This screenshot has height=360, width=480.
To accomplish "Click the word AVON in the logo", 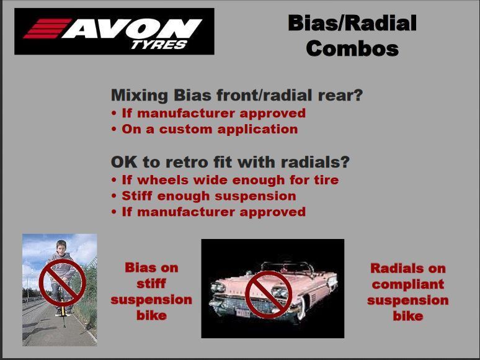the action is (132, 29).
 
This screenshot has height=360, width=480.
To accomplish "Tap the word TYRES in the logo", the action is (159, 45).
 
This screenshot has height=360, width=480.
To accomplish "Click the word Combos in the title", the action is (352, 48).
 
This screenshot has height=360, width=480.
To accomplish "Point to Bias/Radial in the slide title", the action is (352, 23).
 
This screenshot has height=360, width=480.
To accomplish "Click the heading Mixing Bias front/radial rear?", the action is (237, 96).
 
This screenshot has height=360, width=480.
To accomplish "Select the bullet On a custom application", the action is (205, 129).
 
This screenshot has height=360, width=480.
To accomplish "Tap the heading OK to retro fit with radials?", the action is (230, 162).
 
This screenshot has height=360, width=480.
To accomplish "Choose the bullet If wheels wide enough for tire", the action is (225, 180).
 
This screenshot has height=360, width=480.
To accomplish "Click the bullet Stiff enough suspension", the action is (203, 196).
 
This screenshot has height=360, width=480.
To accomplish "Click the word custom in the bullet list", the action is (185, 129).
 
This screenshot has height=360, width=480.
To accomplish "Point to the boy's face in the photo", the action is (61, 249).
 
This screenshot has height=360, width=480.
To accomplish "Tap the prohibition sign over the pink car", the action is (269, 295).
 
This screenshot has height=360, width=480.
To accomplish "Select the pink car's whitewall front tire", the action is (301, 307).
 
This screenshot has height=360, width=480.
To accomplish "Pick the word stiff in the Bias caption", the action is (151, 284).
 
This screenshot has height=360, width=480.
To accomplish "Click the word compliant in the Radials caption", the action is (408, 284).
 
